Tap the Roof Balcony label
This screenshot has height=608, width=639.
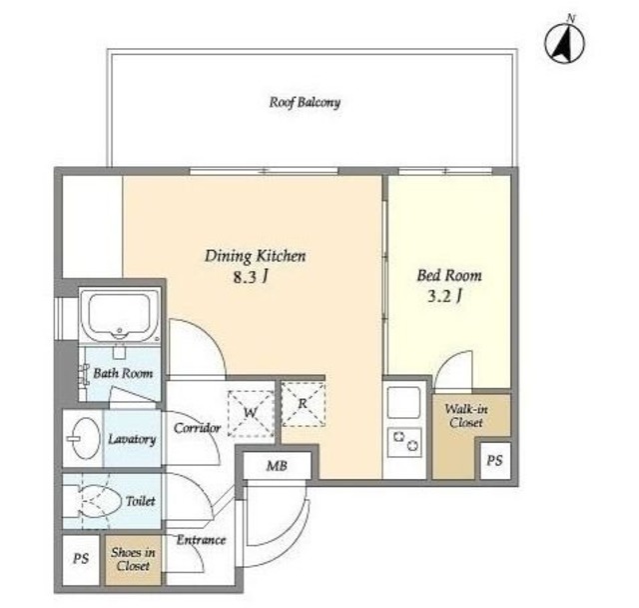[x=305, y=102]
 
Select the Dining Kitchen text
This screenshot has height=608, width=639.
[x=255, y=256]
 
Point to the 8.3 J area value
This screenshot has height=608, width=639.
[x=250, y=278]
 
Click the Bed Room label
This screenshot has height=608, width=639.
[x=448, y=274]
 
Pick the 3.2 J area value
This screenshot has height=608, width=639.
[x=443, y=296]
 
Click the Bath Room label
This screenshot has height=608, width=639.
[x=123, y=373]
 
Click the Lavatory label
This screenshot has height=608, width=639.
[x=132, y=439]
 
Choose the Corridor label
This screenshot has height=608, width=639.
[x=197, y=428]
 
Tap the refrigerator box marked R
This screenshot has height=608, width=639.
[x=302, y=404]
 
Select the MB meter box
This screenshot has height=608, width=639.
[x=277, y=465]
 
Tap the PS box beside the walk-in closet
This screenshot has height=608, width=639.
[x=494, y=460]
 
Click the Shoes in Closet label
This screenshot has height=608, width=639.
[x=132, y=560]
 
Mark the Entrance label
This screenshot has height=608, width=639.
[x=201, y=540]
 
